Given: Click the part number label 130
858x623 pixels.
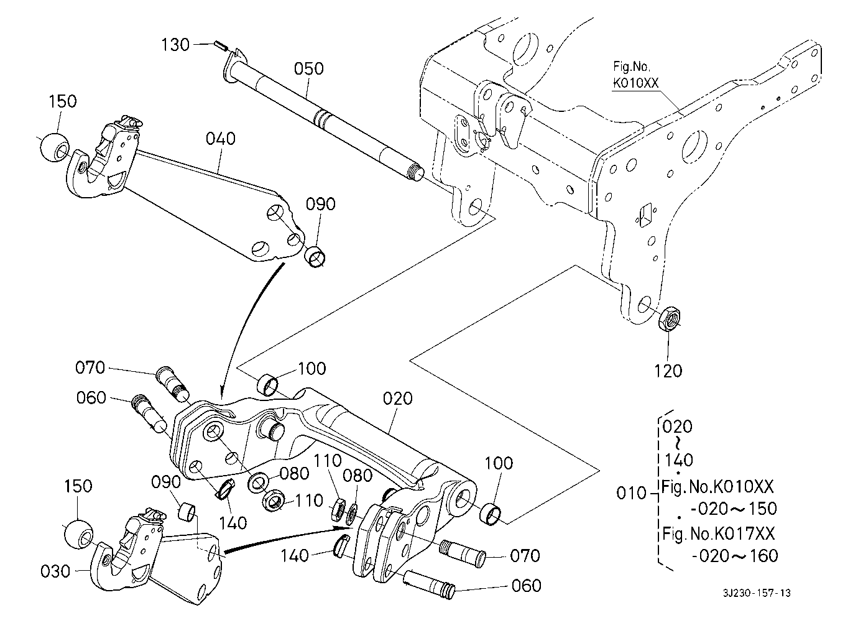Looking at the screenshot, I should [x=176, y=45].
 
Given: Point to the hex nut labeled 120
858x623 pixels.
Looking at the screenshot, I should [x=670, y=319].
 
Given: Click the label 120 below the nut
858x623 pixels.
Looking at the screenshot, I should [x=669, y=371].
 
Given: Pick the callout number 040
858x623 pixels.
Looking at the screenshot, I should [x=221, y=138].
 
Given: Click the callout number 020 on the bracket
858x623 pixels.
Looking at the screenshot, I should [x=398, y=399].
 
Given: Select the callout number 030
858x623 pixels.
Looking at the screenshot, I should [x=56, y=570].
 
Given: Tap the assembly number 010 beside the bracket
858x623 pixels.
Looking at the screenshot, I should [x=632, y=494].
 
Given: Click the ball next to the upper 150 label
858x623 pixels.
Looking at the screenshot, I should [x=53, y=147].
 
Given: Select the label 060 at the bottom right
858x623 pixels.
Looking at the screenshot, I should [x=525, y=586].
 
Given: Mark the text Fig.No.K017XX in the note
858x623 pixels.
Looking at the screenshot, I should [x=719, y=533].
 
